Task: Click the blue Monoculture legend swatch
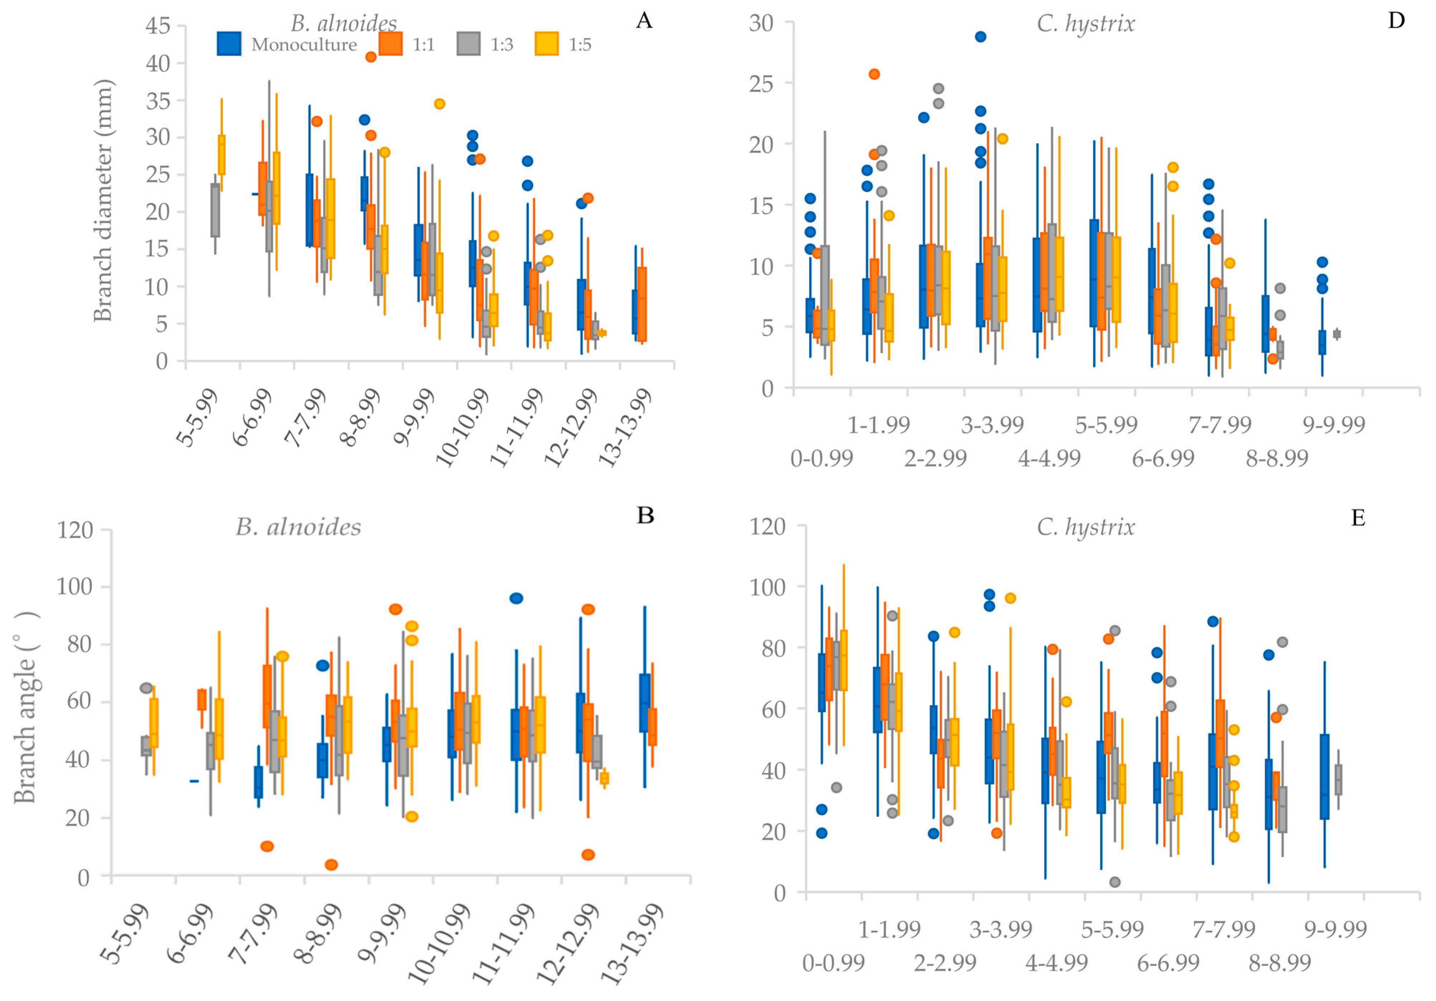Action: point(229,44)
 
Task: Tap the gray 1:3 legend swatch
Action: point(468,44)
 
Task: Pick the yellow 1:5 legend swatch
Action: point(547,44)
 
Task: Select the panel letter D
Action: point(1396,21)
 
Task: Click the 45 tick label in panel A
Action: point(158,26)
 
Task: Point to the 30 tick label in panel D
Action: point(761,23)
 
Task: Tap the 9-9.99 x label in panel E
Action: point(1335,929)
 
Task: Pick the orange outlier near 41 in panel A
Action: point(371,57)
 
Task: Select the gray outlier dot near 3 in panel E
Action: point(1115,882)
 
